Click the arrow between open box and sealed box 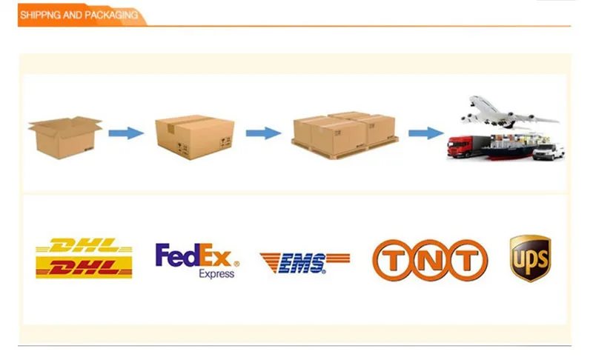125,133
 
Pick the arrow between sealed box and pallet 263,133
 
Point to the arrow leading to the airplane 425,133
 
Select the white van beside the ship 549,152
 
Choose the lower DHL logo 84,267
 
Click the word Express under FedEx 216,273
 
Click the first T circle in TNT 394,261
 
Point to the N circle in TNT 430,261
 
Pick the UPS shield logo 530,258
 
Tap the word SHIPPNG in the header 40,15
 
